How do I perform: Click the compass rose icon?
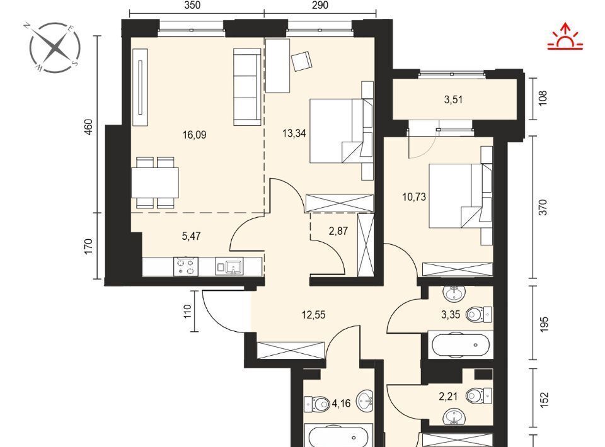point(55,47)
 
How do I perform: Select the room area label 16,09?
point(195,135)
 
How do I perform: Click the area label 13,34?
point(294,133)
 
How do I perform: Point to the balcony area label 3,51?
point(453,100)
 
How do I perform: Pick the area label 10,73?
point(414,197)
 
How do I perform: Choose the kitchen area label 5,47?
point(192,236)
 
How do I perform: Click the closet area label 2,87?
point(338,231)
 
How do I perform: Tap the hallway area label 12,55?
point(313,315)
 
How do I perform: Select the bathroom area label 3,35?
point(451,315)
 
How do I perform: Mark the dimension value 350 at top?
point(192,5)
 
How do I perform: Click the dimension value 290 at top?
point(320,5)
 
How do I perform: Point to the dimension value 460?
point(88,127)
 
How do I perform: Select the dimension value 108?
point(543,98)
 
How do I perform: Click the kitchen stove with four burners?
point(186,266)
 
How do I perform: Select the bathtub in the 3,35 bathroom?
point(461,344)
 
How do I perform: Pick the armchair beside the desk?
point(301,61)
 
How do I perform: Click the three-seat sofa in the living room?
point(247,87)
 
